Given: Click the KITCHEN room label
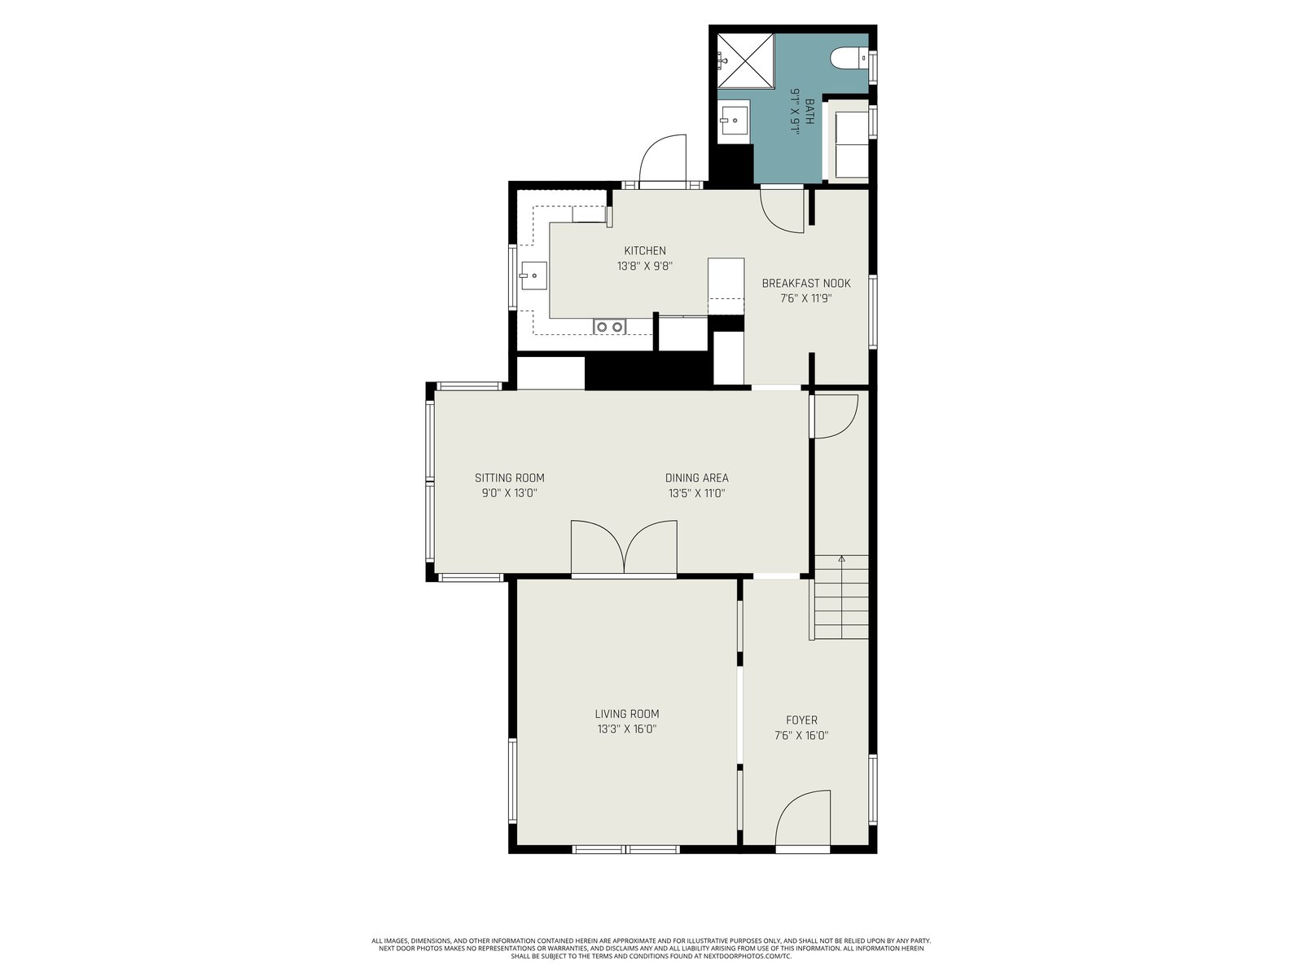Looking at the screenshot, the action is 645,250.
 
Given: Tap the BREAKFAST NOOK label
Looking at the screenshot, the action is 805,284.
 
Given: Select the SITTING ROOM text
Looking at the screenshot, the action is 509,478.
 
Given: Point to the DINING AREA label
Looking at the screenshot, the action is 696,478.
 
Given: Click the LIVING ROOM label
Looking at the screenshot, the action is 627,714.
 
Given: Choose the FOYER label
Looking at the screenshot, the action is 801,720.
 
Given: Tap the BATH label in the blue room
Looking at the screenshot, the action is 809,112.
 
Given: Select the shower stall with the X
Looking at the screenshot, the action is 746,60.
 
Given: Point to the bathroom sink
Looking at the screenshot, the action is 734,121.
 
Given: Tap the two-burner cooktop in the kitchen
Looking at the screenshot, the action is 610,326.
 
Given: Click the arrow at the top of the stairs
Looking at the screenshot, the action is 841,559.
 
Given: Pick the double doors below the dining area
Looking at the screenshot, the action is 624,546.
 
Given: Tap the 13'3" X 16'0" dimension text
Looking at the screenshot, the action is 627,729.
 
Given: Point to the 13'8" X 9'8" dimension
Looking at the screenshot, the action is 645,266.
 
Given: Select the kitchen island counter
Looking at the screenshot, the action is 726,286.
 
